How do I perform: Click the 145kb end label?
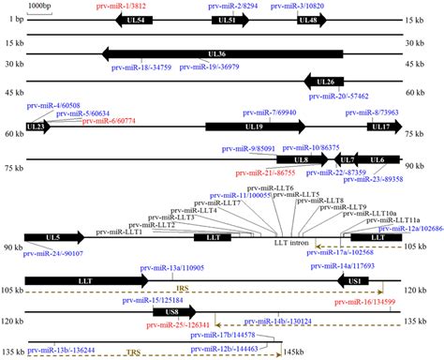(x=298, y=351)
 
